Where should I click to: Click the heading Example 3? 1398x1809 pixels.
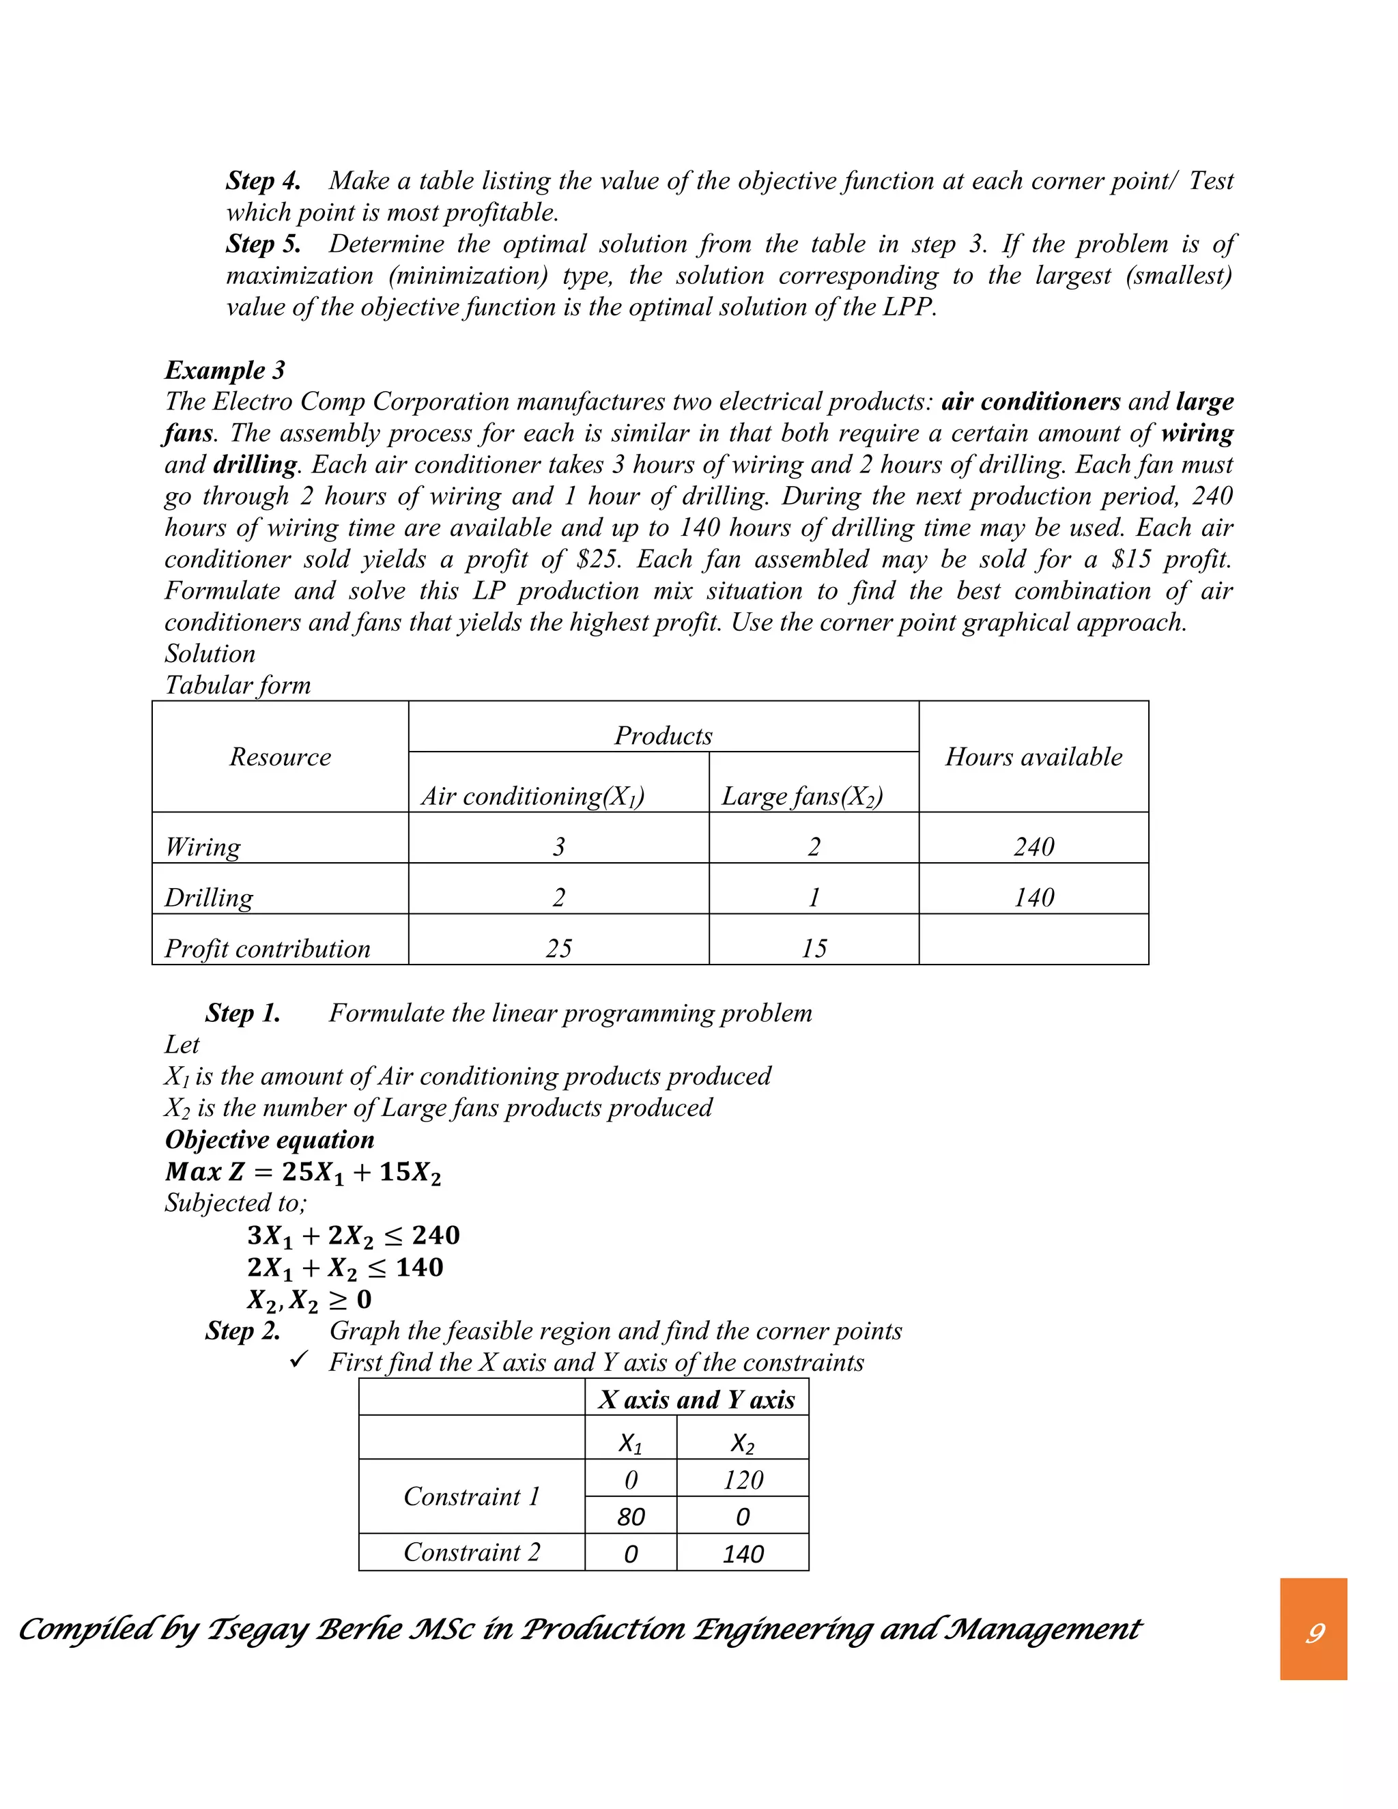click(x=225, y=369)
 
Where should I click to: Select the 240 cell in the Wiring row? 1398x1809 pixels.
click(x=1033, y=846)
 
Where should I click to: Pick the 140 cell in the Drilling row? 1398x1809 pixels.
click(x=1033, y=897)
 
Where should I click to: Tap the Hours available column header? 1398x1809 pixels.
click(x=1033, y=756)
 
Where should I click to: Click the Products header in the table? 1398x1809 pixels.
click(x=663, y=735)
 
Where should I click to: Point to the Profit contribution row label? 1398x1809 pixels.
click(x=267, y=948)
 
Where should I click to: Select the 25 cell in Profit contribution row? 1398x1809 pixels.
click(x=558, y=948)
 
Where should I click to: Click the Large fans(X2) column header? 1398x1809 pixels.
click(x=801, y=796)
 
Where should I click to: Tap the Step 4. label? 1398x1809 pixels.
click(x=263, y=181)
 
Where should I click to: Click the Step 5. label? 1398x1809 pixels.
click(x=263, y=244)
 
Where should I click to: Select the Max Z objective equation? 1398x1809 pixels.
click(x=303, y=1172)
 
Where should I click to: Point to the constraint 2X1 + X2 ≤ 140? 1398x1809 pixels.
click(x=345, y=1267)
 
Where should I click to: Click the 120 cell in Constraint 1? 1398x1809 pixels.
click(x=742, y=1479)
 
